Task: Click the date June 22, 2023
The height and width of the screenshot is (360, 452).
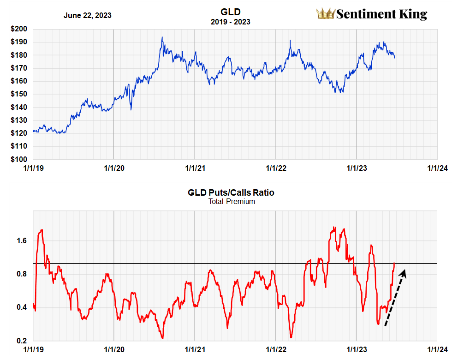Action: (x=87, y=15)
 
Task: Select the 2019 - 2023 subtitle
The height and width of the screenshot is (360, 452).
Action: (x=231, y=22)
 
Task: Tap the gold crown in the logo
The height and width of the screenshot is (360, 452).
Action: (x=325, y=14)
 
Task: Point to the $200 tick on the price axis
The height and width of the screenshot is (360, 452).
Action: (x=19, y=29)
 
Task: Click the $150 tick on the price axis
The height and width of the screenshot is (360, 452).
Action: (x=19, y=94)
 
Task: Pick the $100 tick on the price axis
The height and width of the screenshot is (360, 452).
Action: (x=19, y=159)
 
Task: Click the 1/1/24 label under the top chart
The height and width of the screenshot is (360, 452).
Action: (x=437, y=168)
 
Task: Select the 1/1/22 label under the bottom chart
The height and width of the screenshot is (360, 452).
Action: (x=275, y=350)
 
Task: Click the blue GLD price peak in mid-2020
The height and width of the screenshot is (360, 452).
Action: (x=162, y=37)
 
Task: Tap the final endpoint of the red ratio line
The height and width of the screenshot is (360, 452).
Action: (x=394, y=263)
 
